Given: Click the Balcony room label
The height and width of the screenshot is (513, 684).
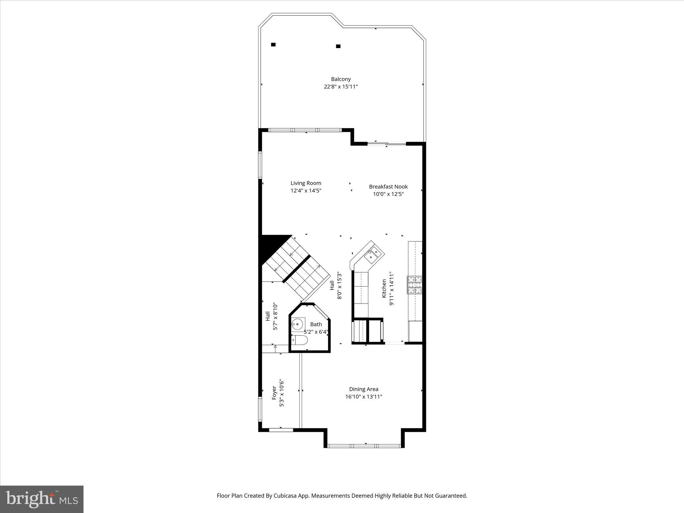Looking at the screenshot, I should pyautogui.click(x=341, y=79).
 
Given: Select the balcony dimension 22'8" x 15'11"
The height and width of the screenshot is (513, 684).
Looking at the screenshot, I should pyautogui.click(x=341, y=87).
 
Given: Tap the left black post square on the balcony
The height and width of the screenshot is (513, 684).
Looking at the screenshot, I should pyautogui.click(x=273, y=44).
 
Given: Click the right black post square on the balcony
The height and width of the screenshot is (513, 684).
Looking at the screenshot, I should pyautogui.click(x=338, y=46).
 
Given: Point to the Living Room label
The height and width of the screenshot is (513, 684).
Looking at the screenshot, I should pyautogui.click(x=306, y=183).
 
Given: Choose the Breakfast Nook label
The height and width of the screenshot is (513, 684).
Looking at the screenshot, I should pyautogui.click(x=388, y=187).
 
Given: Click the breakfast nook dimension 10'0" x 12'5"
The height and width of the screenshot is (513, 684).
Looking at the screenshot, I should pyautogui.click(x=388, y=194).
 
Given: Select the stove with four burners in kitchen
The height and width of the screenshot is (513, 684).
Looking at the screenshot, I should pyautogui.click(x=414, y=285).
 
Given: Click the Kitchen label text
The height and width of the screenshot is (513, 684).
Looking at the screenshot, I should pyautogui.click(x=384, y=289).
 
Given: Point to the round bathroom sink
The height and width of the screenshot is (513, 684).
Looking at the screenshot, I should pyautogui.click(x=297, y=324).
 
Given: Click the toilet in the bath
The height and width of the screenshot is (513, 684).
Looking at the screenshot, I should pyautogui.click(x=300, y=340).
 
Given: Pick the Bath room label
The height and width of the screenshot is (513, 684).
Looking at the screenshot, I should pyautogui.click(x=316, y=324).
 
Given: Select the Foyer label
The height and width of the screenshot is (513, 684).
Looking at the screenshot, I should pyautogui.click(x=274, y=393).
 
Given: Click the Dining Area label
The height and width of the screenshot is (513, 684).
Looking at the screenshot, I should pyautogui.click(x=363, y=389).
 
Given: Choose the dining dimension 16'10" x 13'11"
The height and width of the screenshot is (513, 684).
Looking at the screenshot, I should pyautogui.click(x=363, y=397).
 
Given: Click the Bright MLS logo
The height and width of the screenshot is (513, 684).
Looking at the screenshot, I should pyautogui.click(x=42, y=499).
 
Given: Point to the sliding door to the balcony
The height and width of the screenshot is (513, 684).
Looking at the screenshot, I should pyautogui.click(x=386, y=144).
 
